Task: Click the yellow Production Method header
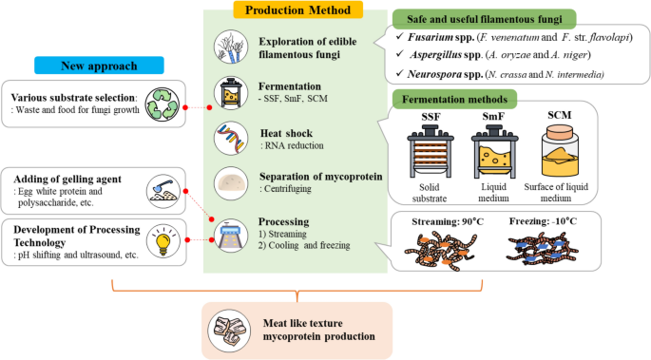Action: pos(295,11)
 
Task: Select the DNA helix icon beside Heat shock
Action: pos(231,140)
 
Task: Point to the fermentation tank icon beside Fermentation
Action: pos(231,96)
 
